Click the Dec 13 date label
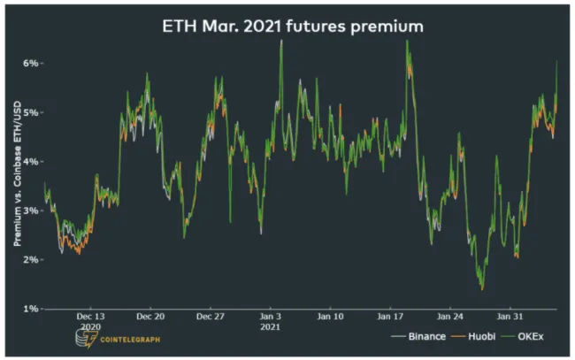point(90,316)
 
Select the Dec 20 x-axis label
point(150,316)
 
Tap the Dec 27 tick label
point(211,316)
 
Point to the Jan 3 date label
point(271,316)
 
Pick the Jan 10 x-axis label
point(331,316)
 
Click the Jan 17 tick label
point(390,316)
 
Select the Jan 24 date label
point(450,316)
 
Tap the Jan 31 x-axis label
point(510,316)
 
